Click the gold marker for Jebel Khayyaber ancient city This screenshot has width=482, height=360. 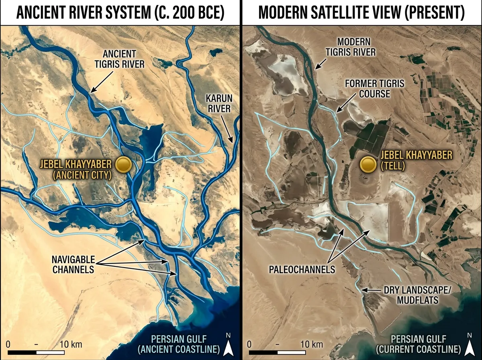pos(123,165)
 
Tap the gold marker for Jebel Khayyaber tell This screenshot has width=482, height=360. pos(368,165)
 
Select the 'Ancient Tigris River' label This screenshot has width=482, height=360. pos(125,59)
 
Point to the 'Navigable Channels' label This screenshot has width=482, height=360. pos(74,264)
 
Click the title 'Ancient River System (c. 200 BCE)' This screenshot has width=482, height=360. pos(120,13)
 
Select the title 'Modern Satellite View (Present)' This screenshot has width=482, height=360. pos(361,13)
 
